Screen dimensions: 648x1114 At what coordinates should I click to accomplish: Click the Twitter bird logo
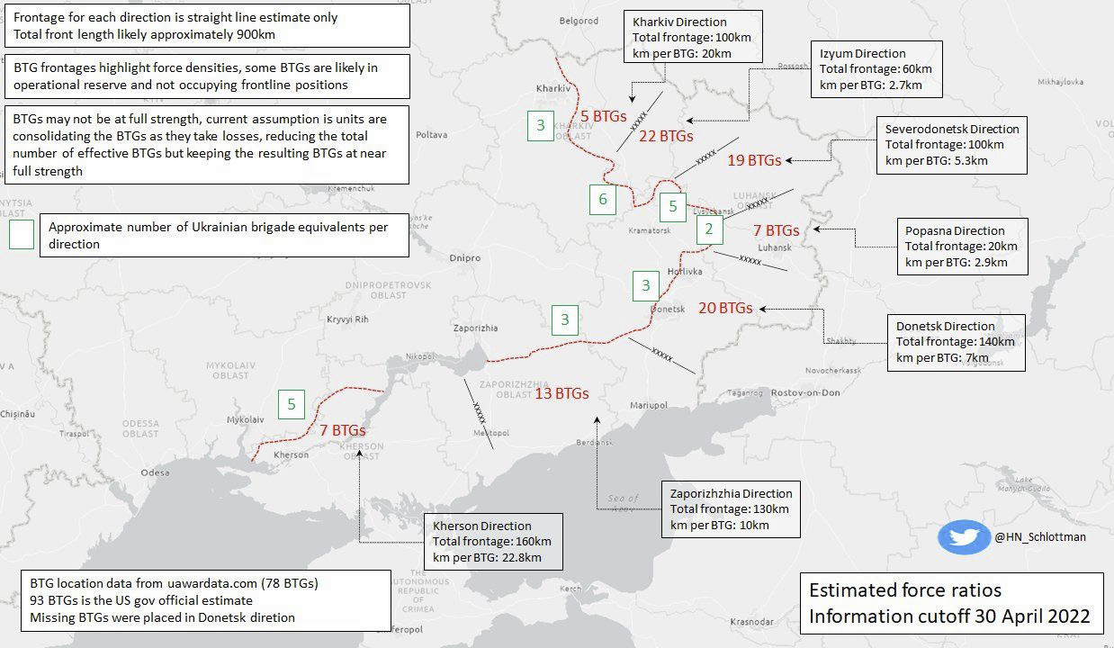pos(964,537)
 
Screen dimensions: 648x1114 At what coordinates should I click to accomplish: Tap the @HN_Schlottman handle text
pos(1040,537)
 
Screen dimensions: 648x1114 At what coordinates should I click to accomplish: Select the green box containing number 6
pos(603,199)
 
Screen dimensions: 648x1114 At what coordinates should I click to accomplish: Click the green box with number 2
pos(709,229)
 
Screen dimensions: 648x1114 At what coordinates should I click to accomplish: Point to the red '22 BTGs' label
pos(666,137)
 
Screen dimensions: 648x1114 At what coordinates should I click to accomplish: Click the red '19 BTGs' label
pos(753,160)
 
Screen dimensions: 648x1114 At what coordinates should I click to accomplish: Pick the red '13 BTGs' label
pos(561,393)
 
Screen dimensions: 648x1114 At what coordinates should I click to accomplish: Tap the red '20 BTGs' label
pos(725,308)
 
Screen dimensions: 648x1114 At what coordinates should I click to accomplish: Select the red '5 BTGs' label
pos(603,116)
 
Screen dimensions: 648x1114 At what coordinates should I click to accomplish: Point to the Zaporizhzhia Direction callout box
pos(730,509)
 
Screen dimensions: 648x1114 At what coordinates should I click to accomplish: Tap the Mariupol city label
pos(648,405)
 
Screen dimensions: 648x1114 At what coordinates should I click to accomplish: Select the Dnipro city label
pos(465,258)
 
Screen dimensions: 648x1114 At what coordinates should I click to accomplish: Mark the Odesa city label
pos(155,472)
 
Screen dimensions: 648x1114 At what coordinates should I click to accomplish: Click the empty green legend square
pos(21,235)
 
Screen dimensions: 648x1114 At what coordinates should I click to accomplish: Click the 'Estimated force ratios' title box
pos(949,603)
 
